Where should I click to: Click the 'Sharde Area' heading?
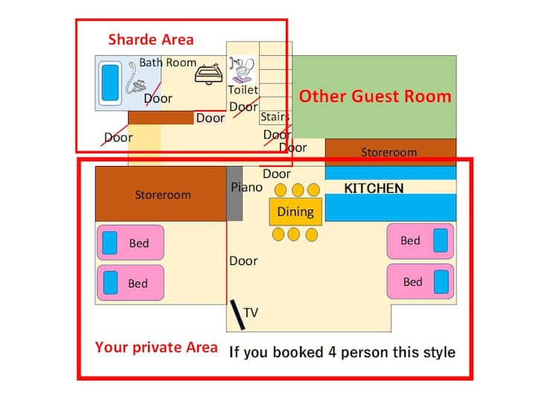(x=150, y=39)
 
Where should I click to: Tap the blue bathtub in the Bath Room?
(x=110, y=83)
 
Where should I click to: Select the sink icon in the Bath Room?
(x=208, y=74)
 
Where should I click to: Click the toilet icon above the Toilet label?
(x=243, y=70)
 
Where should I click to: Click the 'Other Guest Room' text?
(x=375, y=96)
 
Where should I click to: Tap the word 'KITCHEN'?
(x=374, y=188)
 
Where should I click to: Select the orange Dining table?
(x=296, y=211)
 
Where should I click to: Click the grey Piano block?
(x=234, y=194)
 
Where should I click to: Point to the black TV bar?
(x=237, y=315)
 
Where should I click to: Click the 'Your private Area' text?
(x=156, y=348)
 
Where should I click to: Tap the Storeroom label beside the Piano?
(x=163, y=195)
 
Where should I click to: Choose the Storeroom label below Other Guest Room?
(x=389, y=152)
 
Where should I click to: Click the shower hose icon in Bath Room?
(x=135, y=80)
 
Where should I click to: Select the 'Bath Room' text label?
(x=167, y=63)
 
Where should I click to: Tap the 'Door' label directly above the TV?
(x=243, y=261)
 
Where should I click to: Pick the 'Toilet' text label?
(x=243, y=90)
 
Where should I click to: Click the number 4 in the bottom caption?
(x=332, y=352)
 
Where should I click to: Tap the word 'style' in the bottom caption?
(x=439, y=352)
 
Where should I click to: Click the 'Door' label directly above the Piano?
(x=276, y=173)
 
